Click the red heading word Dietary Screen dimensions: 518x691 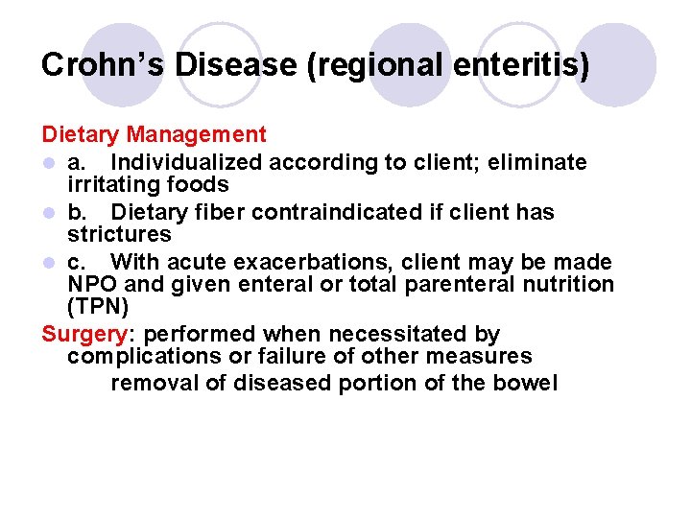81,135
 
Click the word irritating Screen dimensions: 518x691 112,184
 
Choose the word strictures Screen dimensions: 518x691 119,234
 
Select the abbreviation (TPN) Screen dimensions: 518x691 97,307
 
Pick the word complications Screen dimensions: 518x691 135,357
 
